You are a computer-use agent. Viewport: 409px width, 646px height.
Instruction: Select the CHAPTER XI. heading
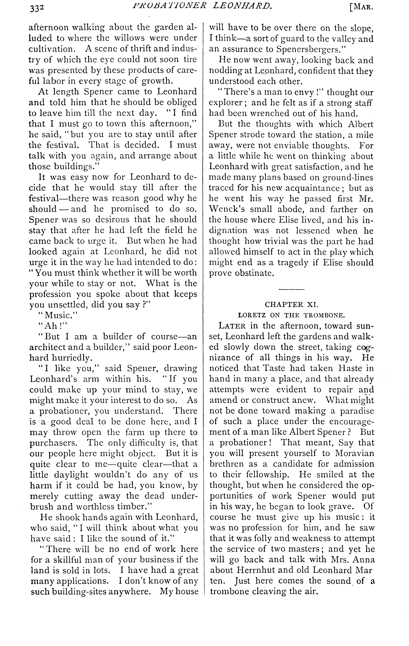[291, 304]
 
